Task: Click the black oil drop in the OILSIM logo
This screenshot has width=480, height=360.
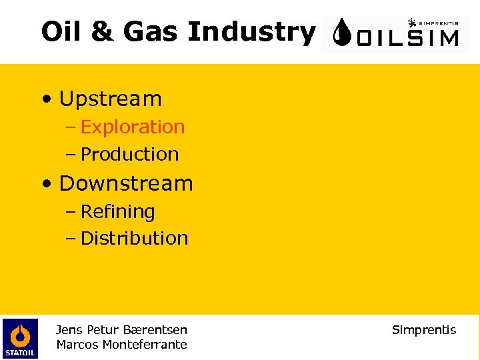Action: click(343, 34)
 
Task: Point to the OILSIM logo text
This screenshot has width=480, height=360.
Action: click(407, 37)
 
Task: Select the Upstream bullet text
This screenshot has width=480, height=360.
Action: click(110, 99)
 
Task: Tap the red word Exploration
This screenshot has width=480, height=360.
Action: click(132, 127)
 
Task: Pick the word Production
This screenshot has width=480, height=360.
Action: click(129, 154)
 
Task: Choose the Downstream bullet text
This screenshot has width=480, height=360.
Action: click(125, 183)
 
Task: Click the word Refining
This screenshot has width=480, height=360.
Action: click(117, 211)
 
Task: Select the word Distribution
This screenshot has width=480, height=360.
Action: click(134, 238)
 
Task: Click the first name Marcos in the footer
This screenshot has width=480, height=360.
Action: click(77, 345)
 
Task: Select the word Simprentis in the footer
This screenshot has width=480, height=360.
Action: click(424, 330)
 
